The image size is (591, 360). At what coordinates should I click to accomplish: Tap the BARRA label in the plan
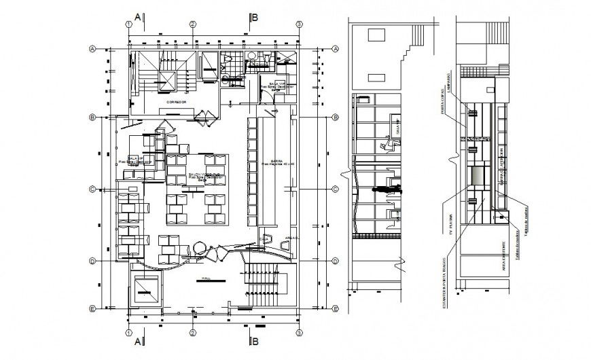tap(275, 162)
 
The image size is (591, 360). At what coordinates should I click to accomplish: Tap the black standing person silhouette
tap(385, 190)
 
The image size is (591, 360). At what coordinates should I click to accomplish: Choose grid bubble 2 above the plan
tap(193, 24)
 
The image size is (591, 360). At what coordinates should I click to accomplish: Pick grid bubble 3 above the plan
tap(298, 24)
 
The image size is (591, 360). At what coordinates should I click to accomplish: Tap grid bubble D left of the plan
tap(92, 261)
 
